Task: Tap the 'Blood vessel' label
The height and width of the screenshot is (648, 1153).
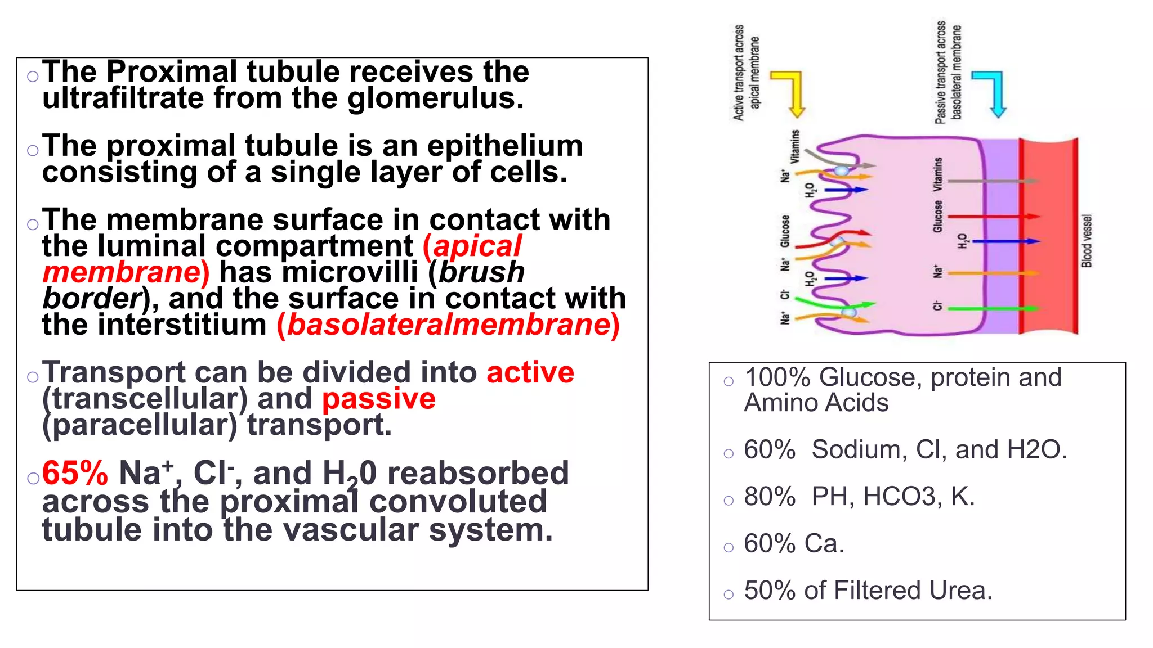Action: (1087, 241)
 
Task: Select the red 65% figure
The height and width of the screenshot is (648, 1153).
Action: (75, 473)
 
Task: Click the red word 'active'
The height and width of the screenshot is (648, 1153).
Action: (530, 373)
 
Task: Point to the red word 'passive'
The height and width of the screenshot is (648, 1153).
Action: (378, 399)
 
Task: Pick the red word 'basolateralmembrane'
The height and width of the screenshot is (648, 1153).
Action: (449, 325)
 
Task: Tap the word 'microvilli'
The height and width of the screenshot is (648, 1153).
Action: (350, 273)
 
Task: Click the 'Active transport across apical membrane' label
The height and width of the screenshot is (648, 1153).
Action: (747, 73)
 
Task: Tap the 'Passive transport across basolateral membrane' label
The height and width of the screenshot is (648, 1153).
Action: (948, 73)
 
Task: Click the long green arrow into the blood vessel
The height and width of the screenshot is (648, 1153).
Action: (991, 308)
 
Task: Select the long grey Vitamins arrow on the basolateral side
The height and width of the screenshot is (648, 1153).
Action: (991, 181)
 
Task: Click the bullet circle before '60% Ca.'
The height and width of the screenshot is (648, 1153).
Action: (729, 547)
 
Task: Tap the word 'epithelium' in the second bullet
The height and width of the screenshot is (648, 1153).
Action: (505, 146)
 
